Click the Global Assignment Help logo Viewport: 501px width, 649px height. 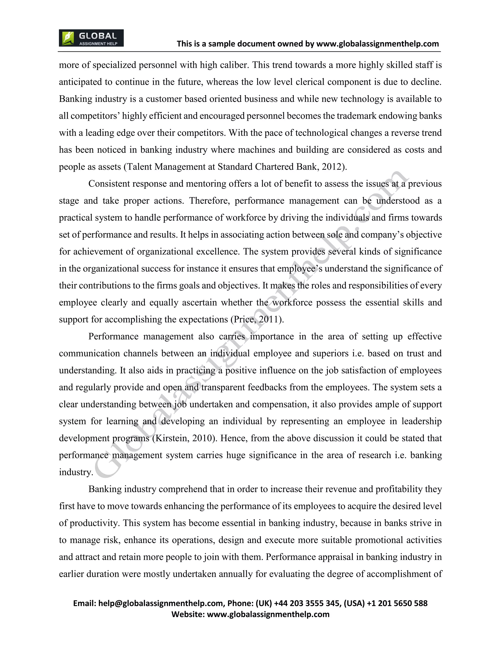tap(91, 38)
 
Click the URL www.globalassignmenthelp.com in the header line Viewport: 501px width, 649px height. tap(377, 44)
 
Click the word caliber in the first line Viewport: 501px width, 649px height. tap(234, 65)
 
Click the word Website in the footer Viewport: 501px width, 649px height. tap(188, 614)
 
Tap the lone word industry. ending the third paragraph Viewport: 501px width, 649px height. tap(76, 472)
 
